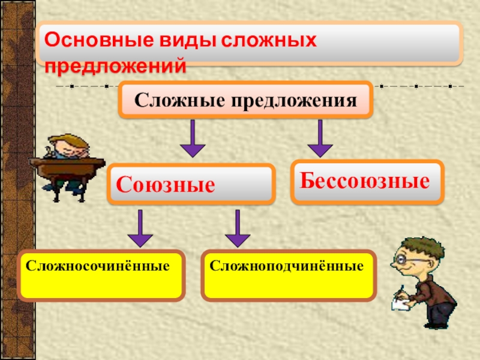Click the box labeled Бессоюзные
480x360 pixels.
pos(367,180)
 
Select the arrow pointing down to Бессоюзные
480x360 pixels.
pos(320,138)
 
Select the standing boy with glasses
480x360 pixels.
pos(420,282)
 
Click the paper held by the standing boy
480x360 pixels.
pos(401,299)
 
